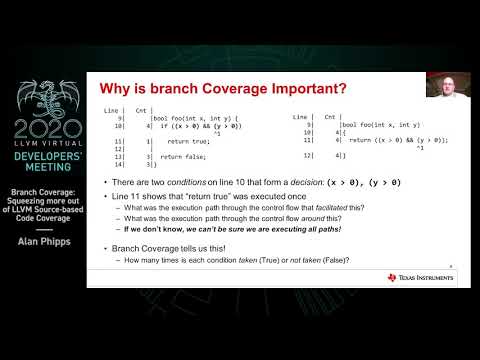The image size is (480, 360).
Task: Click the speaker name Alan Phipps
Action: click(41, 226)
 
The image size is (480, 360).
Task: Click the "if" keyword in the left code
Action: click(164, 126)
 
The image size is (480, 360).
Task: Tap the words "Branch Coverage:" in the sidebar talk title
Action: click(41, 190)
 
